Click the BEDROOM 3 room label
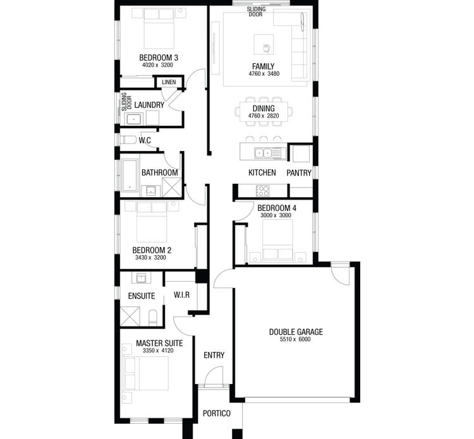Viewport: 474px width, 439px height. tap(158, 57)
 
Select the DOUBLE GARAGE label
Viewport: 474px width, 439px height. tap(296, 332)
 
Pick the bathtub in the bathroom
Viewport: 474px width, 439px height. tap(130, 174)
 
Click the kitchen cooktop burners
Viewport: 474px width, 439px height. tap(262, 190)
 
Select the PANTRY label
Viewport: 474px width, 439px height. tap(299, 172)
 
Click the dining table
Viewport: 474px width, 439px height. tap(264, 112)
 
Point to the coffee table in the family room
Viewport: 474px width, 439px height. tap(265, 45)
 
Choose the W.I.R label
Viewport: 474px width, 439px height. tap(181, 296)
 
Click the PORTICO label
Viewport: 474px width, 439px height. tap(217, 414)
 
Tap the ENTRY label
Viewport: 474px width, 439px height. tap(214, 355)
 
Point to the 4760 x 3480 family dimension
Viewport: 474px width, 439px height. tap(264, 74)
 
